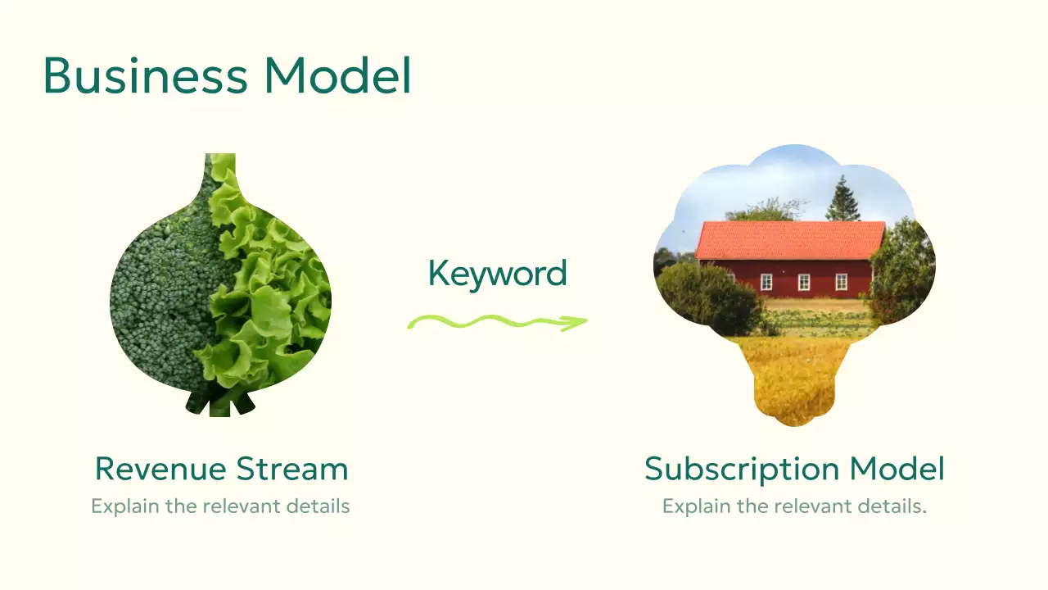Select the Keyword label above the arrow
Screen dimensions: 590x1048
(497, 273)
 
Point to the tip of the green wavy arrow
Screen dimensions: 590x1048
(585, 320)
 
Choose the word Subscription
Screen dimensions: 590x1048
(741, 469)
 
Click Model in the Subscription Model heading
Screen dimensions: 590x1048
(897, 469)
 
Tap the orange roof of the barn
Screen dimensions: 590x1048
(790, 239)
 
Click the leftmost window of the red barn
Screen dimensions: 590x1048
(766, 282)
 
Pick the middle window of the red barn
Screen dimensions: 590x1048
(804, 282)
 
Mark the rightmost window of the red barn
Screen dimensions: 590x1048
(841, 282)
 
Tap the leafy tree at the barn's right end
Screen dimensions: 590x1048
(901, 270)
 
